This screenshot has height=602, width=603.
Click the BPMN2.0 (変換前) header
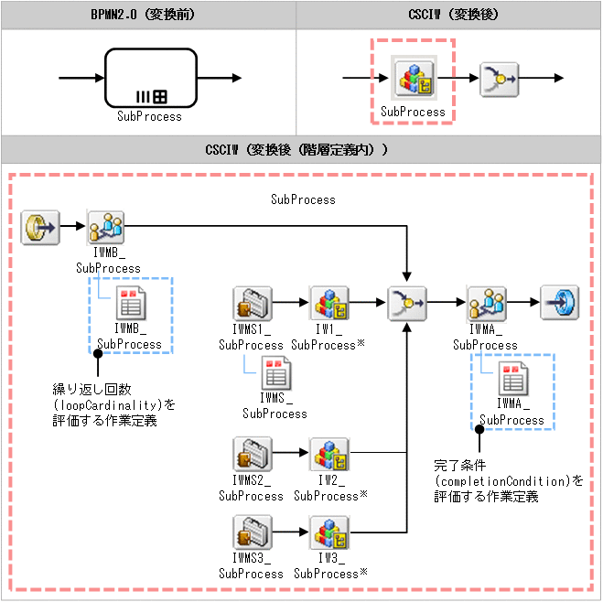149,14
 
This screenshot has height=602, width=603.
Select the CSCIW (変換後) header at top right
449,14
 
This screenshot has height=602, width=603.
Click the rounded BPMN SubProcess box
150,78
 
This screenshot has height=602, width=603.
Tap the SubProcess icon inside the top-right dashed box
413,80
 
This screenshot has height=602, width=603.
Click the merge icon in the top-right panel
500,80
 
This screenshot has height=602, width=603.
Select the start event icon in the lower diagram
40,224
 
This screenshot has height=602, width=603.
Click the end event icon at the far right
559,302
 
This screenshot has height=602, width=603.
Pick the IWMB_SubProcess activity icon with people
107,225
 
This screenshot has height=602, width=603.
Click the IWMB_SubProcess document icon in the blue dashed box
128,303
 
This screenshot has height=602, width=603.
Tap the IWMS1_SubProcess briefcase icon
251,302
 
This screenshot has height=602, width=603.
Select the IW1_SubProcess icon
328,302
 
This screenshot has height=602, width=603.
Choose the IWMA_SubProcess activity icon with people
485,302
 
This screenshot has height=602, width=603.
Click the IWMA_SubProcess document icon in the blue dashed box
511,378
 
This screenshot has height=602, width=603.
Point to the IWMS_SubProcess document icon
275,373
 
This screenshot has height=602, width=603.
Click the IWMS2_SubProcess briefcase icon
251,454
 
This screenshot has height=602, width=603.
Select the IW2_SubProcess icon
328,454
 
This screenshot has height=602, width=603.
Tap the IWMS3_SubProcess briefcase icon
251,532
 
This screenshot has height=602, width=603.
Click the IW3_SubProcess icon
328,532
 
